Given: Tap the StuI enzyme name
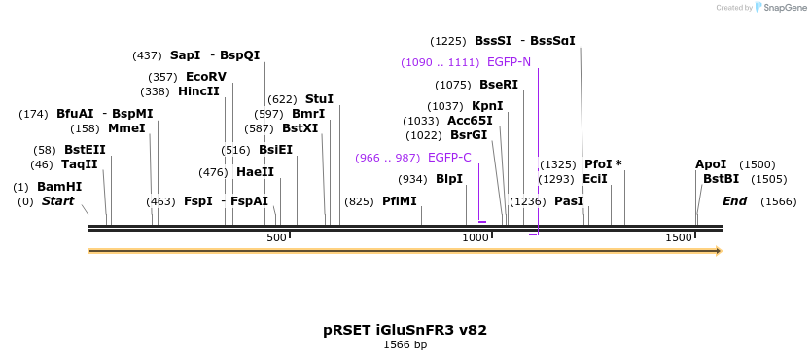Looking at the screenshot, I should click(319, 99).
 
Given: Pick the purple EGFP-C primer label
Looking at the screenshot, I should click(449, 158).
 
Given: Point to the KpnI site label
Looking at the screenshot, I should click(487, 106).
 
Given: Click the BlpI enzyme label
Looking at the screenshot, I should click(449, 179).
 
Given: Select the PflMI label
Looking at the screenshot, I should click(399, 201).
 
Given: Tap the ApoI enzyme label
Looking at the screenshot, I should click(711, 164).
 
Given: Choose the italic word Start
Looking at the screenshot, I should click(57, 201).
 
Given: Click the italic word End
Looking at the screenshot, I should click(734, 201).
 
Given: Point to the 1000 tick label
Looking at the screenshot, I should click(476, 237).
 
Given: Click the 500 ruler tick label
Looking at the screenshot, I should click(277, 237).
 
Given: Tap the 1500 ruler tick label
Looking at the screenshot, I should click(678, 237).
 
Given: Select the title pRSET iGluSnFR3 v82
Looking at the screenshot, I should click(405, 330).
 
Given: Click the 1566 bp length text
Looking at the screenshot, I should click(405, 344).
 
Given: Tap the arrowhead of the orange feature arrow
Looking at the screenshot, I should click(719, 251).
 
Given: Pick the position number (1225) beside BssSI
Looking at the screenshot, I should click(448, 41).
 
